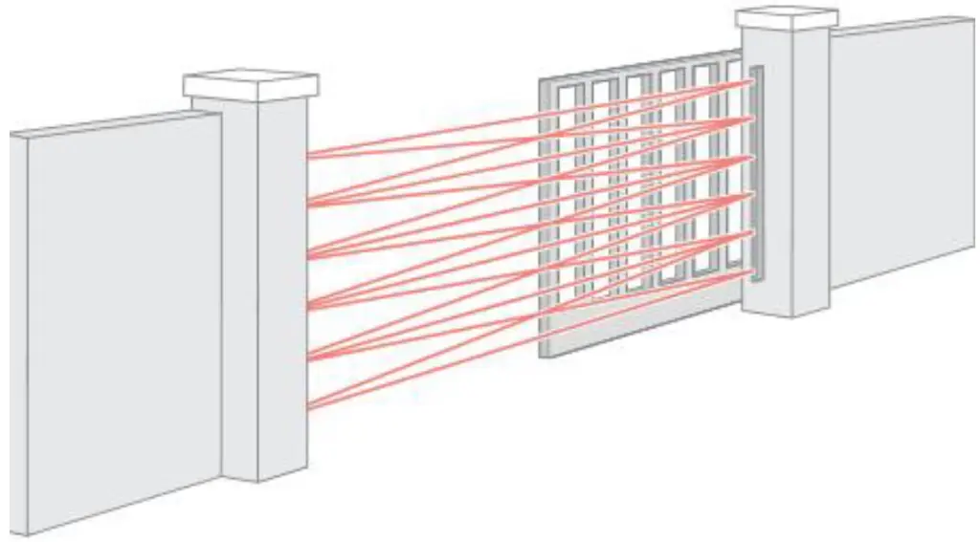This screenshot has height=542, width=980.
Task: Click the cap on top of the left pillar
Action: (x=251, y=85)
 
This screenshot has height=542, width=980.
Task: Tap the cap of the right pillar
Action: (x=787, y=16)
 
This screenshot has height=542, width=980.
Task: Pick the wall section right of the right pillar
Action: (x=900, y=153)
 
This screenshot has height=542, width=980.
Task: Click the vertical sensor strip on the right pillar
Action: (x=757, y=172)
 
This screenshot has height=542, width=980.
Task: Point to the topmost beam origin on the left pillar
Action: (x=308, y=154)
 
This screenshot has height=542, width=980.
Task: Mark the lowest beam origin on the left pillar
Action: (x=308, y=406)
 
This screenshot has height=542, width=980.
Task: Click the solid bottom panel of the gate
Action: (x=632, y=325)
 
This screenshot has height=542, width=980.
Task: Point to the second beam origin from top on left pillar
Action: (x=308, y=203)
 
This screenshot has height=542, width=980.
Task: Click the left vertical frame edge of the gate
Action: (x=544, y=220)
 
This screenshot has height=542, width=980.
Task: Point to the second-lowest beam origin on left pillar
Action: (x=308, y=358)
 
